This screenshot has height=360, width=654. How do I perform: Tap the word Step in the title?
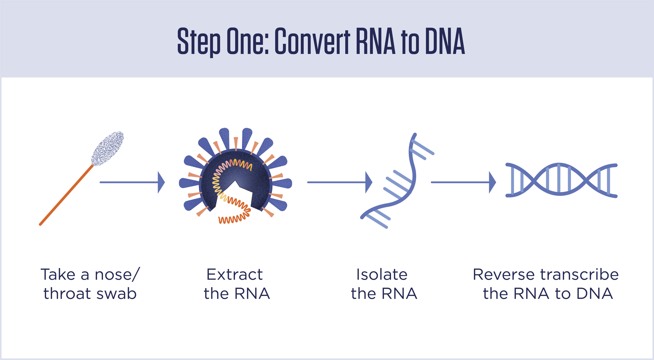coord(199,41)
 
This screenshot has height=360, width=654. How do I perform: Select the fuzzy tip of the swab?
coord(107,148)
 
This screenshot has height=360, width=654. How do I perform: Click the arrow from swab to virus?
coord(132,182)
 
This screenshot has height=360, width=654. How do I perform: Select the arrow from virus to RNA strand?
coord(340,182)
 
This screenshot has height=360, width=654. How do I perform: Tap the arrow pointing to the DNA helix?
coord(463,182)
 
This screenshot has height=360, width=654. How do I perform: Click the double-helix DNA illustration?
coord(561,180)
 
